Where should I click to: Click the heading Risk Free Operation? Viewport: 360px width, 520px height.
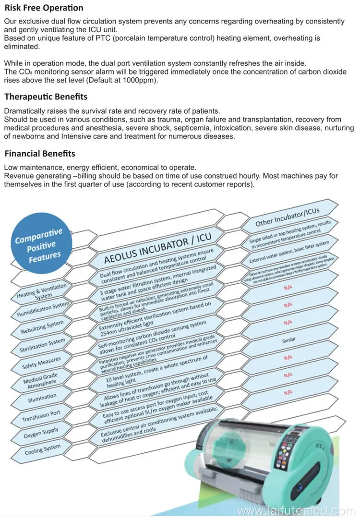pyautogui.click(x=44, y=8)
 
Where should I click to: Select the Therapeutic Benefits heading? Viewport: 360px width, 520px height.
pyautogui.click(x=46, y=97)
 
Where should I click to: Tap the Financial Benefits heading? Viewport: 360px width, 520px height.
pyautogui.click(x=40, y=154)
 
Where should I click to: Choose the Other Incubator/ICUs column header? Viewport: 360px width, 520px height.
pyautogui.click(x=287, y=217)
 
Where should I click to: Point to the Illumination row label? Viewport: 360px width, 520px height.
pyautogui.click(x=42, y=398)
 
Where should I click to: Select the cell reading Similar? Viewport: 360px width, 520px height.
pyautogui.click(x=289, y=339)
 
